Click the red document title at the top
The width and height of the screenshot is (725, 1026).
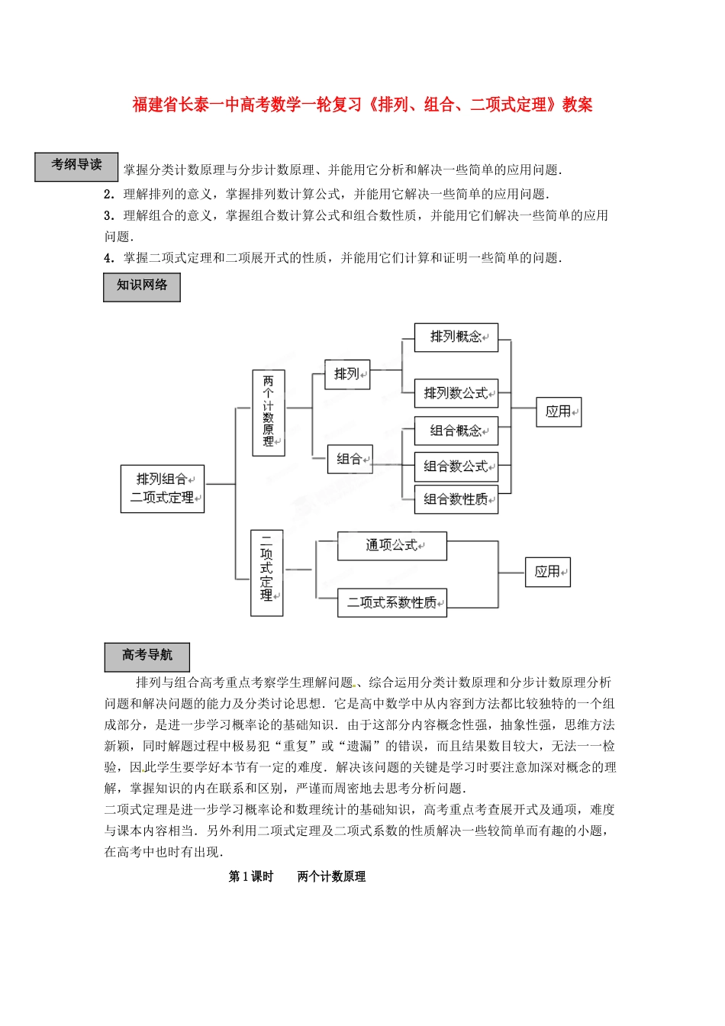(x=362, y=105)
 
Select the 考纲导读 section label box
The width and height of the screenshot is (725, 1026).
(x=76, y=166)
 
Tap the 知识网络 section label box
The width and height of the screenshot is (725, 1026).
(x=142, y=287)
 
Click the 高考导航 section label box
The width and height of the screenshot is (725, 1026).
(x=147, y=657)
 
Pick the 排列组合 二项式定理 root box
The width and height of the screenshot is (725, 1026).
(x=163, y=489)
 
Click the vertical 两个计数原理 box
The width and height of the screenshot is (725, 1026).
(x=269, y=412)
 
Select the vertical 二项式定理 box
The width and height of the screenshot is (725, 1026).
(x=267, y=573)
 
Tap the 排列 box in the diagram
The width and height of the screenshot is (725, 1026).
(x=347, y=374)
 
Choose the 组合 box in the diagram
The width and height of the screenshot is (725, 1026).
(x=350, y=459)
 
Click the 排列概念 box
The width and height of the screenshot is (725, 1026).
(x=456, y=337)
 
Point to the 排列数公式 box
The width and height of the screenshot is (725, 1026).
(x=456, y=393)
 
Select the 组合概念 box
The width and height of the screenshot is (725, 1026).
(x=456, y=431)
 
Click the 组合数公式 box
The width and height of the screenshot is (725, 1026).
(x=456, y=466)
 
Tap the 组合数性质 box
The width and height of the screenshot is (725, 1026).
(x=456, y=499)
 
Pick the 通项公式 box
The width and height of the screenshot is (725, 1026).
(x=391, y=546)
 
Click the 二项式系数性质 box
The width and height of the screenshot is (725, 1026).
(x=391, y=602)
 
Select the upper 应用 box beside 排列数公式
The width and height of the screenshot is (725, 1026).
(x=559, y=412)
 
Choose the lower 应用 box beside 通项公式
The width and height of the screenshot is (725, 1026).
(x=548, y=572)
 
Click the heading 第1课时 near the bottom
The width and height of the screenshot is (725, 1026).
(x=251, y=876)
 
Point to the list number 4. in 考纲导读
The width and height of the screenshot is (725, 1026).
(x=108, y=258)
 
